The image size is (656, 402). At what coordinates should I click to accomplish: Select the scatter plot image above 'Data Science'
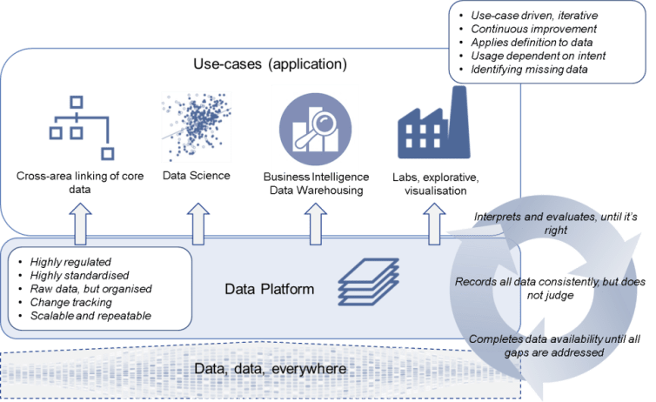196,125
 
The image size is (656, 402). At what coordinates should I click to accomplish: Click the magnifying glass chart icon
314,126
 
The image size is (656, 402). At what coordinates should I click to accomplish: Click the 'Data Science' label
197,176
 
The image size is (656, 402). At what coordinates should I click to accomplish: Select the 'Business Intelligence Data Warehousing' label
313,183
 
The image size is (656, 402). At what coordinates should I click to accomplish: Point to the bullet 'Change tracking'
70,302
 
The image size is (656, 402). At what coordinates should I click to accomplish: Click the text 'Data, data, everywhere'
271,370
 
